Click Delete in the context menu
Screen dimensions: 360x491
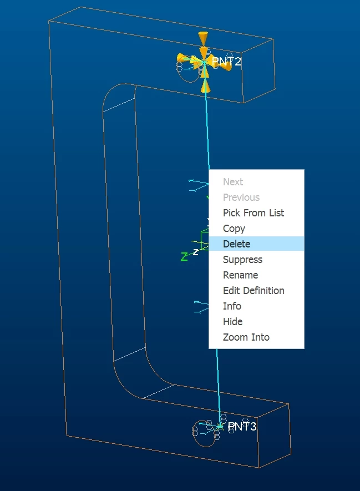pos(236,244)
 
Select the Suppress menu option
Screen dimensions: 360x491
pos(242,259)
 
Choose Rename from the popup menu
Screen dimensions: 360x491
pos(240,275)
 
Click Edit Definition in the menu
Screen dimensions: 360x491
pos(253,290)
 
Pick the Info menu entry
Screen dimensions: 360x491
pos(232,306)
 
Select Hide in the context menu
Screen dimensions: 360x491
pos(232,322)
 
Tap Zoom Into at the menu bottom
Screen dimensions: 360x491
pos(246,337)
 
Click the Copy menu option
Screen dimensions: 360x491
pos(234,228)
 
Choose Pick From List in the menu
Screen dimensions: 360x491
pos(253,212)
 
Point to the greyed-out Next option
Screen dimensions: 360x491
pos(233,181)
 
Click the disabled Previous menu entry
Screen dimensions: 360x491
pos(241,198)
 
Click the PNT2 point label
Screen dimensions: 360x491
pos(226,62)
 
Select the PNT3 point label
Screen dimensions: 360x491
pos(242,426)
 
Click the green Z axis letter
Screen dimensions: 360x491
pos(184,257)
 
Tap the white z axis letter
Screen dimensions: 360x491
pos(195,252)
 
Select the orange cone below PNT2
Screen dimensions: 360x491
pos(205,85)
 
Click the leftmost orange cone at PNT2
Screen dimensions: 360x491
pos(183,59)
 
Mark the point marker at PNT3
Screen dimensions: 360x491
pos(220,426)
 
